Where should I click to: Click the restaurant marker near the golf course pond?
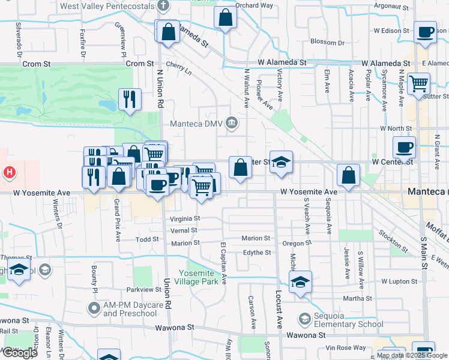click(130, 99)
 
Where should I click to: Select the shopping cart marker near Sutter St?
click(418, 83)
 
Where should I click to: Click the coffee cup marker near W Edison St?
click(426, 32)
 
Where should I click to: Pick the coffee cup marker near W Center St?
click(404, 147)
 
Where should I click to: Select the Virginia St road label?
click(185, 219)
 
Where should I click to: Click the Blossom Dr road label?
click(328, 42)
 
